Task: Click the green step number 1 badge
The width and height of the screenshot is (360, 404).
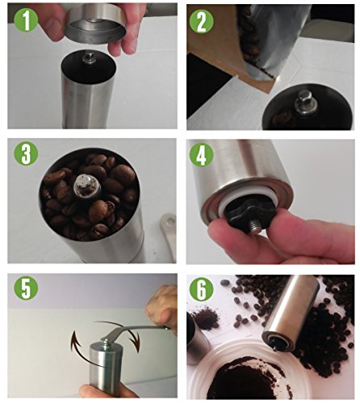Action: (x=26, y=19)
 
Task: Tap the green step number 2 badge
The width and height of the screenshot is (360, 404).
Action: (x=201, y=22)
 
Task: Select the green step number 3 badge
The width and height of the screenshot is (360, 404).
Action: (x=26, y=154)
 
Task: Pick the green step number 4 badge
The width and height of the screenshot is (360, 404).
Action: (x=201, y=155)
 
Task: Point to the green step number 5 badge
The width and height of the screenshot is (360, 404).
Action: (x=26, y=288)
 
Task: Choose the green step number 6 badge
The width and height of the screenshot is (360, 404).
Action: (x=201, y=289)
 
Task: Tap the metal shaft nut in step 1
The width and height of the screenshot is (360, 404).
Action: (x=90, y=58)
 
